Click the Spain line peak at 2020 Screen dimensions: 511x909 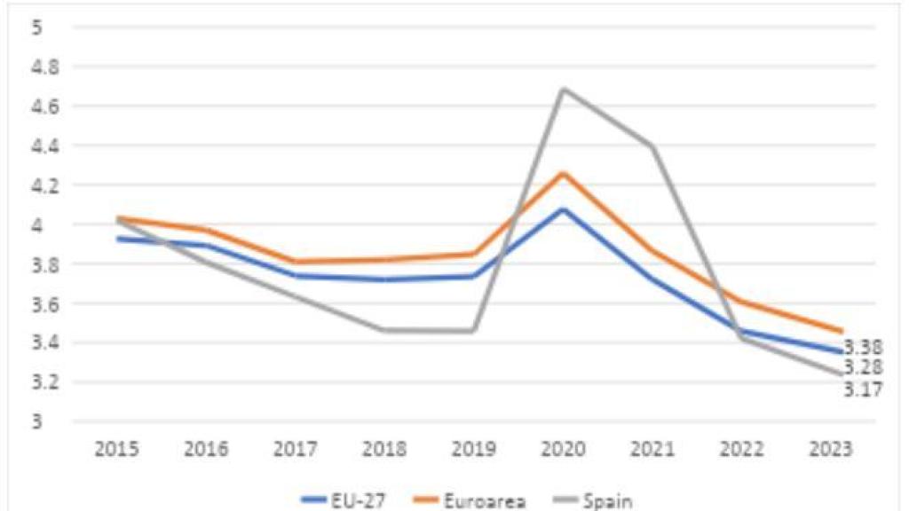click(563, 89)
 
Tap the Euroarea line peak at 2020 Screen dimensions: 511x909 click(563, 173)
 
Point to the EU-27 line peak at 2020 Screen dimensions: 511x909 click(563, 209)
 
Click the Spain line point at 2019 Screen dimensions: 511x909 click(471, 331)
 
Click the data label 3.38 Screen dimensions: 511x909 click(863, 347)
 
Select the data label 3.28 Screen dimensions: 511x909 click(863, 367)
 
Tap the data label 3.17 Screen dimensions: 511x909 click(863, 389)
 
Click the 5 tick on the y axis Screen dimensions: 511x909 click(37, 28)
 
